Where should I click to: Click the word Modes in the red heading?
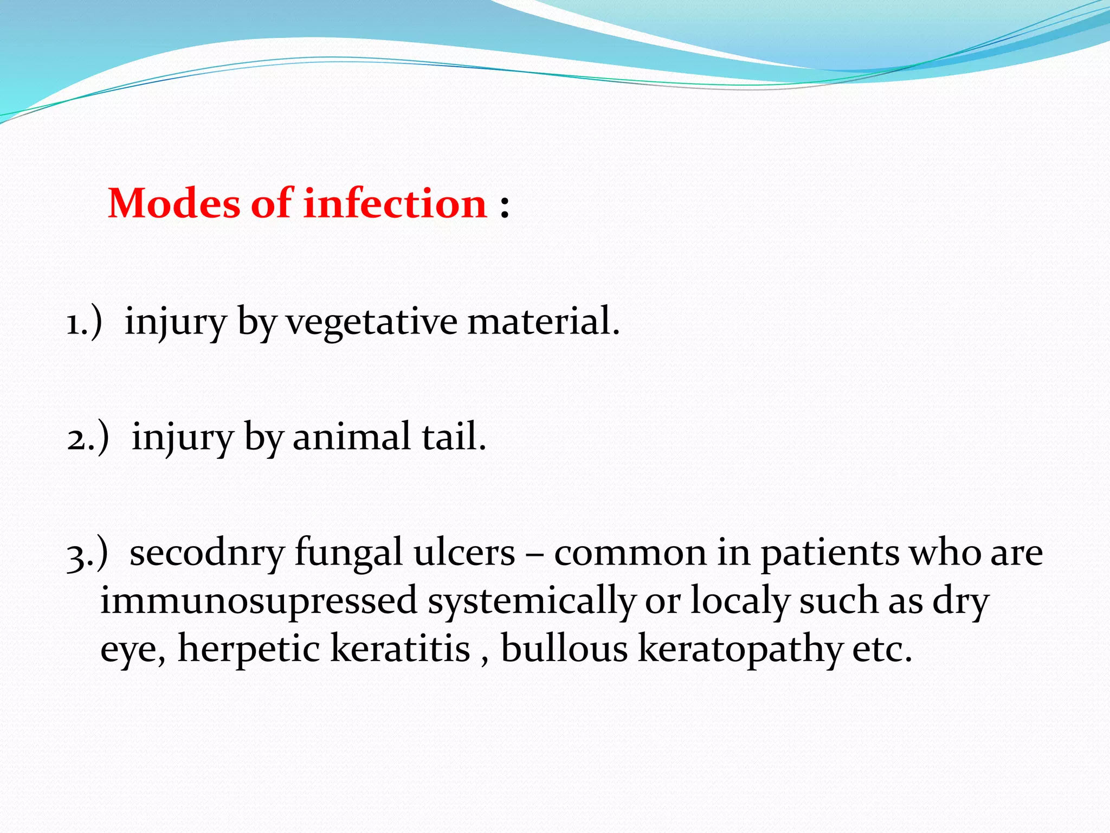(173, 203)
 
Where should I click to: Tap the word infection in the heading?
(395, 203)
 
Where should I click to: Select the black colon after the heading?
(505, 207)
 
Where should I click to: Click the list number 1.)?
(84, 323)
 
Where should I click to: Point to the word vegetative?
(372, 323)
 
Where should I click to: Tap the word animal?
(351, 437)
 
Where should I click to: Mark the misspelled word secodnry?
(206, 553)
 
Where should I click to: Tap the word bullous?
(564, 649)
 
